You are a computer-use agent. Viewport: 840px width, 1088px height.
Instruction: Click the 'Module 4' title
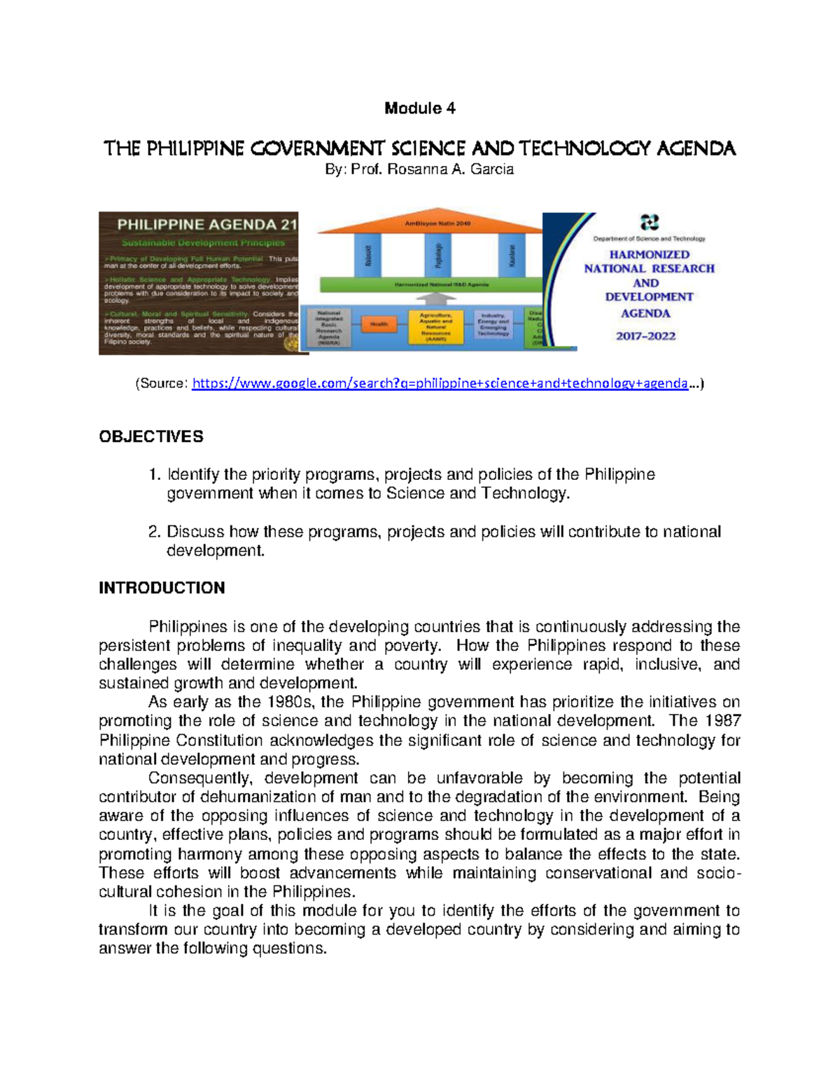419,108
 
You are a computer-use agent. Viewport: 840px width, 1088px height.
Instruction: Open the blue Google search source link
440,383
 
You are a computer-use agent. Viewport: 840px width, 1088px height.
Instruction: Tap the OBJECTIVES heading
151,436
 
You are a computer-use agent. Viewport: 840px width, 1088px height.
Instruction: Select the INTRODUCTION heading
162,588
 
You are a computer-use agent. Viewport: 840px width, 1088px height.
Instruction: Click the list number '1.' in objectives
155,475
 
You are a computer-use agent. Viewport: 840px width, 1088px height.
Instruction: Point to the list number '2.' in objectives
155,532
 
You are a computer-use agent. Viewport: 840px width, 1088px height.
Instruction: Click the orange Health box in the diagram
379,324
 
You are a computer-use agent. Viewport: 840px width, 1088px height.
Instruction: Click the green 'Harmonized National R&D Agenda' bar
430,284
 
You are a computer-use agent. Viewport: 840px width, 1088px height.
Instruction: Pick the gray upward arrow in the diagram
435,300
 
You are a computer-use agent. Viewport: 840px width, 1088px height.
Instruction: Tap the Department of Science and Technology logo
650,223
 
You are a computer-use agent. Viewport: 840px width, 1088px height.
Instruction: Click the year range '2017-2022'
645,336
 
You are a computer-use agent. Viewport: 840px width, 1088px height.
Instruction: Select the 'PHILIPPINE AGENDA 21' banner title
207,225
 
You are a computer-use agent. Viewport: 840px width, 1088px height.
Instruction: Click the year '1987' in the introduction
722,721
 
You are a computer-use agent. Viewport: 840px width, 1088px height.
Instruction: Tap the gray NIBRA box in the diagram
329,328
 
